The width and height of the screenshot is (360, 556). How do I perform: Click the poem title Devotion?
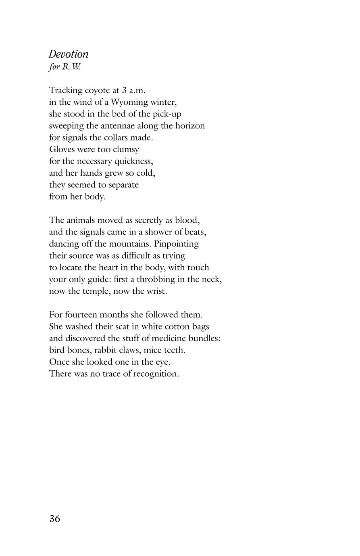[69, 54]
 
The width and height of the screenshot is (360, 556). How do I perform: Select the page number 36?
[54, 519]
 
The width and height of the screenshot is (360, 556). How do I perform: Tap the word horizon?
[189, 126]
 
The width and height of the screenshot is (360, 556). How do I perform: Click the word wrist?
[156, 291]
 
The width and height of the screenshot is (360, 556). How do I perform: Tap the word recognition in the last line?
[156, 374]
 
